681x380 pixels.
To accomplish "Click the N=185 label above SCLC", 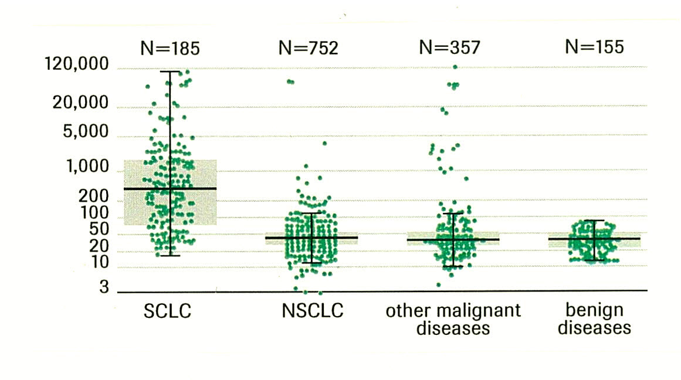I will tap(171, 48).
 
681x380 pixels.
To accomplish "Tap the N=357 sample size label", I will tap(450, 48).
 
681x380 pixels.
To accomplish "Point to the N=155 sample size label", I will tap(594, 47).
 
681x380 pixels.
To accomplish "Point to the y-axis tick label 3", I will tap(104, 287).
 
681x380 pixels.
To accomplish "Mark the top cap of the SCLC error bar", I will tap(171, 72).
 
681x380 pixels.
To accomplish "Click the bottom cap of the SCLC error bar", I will tap(171, 255).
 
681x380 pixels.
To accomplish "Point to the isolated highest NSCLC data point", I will tap(289, 82).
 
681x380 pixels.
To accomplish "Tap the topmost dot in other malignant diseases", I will tap(455, 67).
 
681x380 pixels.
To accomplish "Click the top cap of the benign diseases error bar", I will tap(594, 220).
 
